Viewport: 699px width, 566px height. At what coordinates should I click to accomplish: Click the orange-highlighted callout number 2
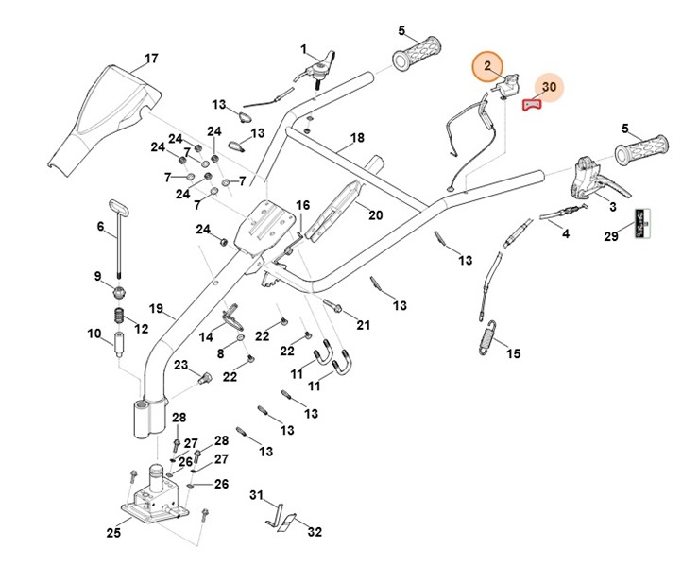488,66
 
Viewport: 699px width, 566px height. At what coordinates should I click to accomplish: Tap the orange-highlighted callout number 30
551,87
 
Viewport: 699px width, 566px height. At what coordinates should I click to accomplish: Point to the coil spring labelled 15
488,337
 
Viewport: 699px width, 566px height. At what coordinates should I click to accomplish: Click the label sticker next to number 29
643,222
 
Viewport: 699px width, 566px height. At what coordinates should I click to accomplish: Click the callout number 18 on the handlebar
356,138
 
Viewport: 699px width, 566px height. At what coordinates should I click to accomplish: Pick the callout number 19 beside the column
156,309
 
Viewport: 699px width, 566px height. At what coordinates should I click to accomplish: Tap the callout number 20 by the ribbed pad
375,214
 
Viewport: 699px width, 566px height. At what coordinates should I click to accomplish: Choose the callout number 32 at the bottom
315,532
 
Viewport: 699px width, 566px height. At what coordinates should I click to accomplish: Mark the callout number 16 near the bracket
302,204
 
